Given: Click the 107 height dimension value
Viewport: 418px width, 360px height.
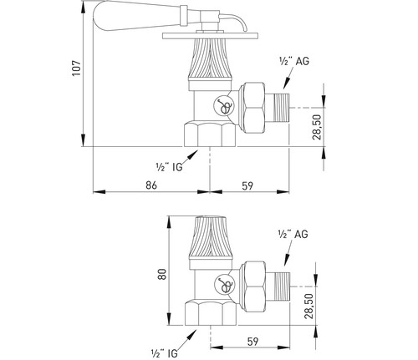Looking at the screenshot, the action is (x=76, y=68).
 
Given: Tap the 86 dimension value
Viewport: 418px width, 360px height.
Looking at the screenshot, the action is (x=151, y=185).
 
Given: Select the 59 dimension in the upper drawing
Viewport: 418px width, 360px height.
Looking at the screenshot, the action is (x=247, y=185).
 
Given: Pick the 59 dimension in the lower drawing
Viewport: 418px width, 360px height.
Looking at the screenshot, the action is (x=252, y=342).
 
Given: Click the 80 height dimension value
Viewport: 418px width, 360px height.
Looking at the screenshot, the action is (x=162, y=274).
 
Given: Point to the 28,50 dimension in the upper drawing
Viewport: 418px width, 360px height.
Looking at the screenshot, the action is (x=317, y=127).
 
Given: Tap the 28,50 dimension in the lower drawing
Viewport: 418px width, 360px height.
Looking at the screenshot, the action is (x=308, y=306).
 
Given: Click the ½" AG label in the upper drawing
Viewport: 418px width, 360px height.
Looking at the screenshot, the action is (x=294, y=61).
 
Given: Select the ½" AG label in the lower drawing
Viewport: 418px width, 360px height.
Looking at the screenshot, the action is (x=293, y=234).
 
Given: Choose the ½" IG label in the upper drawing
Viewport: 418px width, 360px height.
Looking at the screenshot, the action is (x=170, y=167).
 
